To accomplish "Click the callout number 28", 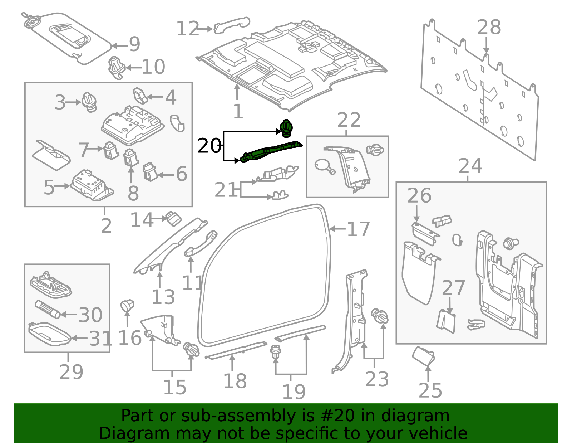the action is point(489,28).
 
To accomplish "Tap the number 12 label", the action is point(187,29).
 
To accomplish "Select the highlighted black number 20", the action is point(209,146).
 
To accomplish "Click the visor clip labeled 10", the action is point(116,67).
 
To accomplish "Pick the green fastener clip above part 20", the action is point(286,128).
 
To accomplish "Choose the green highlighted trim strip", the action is point(271,152).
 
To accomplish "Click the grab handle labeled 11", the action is point(201,244).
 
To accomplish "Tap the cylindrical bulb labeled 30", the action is point(48,309).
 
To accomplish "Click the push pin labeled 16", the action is point(127,306).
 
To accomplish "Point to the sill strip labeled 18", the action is point(236,350).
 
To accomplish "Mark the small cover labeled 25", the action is point(423,356).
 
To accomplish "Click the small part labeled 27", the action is point(446,321).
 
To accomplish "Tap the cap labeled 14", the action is point(173,218).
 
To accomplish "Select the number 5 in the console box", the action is point(49,187).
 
